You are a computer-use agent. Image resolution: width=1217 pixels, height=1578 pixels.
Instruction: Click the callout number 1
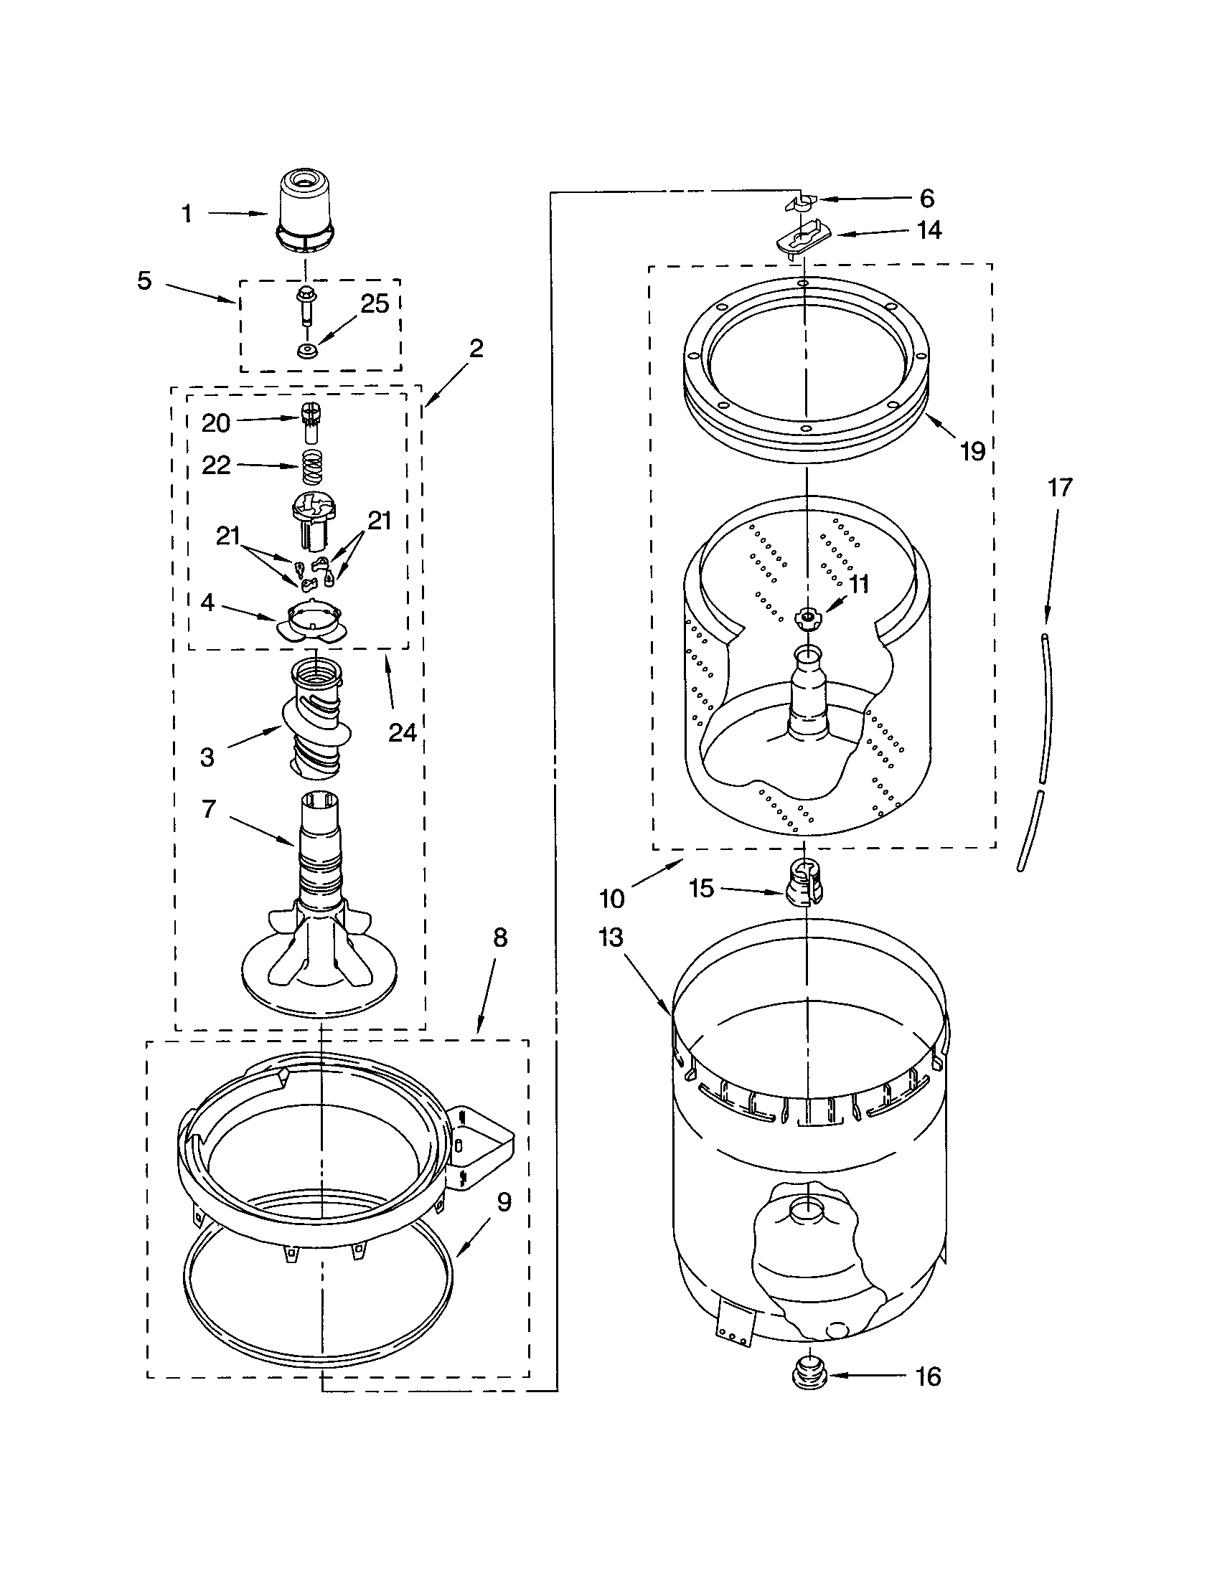click(187, 214)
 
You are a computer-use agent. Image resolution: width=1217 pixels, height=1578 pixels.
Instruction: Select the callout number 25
click(375, 304)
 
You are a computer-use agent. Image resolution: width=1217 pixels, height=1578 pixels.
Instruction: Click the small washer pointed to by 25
click(306, 352)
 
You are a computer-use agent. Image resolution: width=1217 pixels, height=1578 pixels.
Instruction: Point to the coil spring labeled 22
click(311, 468)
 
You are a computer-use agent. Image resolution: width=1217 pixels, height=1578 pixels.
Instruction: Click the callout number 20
click(215, 422)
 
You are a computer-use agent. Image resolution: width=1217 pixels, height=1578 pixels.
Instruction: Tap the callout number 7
click(209, 809)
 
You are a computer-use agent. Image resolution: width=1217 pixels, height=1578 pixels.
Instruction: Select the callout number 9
click(504, 1201)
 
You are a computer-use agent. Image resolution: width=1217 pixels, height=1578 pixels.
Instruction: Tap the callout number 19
click(973, 451)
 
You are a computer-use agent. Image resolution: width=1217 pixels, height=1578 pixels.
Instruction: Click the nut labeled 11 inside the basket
click(804, 616)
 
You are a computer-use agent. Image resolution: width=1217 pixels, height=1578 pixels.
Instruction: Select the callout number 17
click(1059, 488)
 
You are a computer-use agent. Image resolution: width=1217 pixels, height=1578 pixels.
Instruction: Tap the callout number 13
click(611, 937)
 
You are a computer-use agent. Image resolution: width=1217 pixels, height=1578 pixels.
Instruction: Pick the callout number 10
click(611, 898)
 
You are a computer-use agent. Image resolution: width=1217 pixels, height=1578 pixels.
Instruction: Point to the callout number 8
click(500, 938)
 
